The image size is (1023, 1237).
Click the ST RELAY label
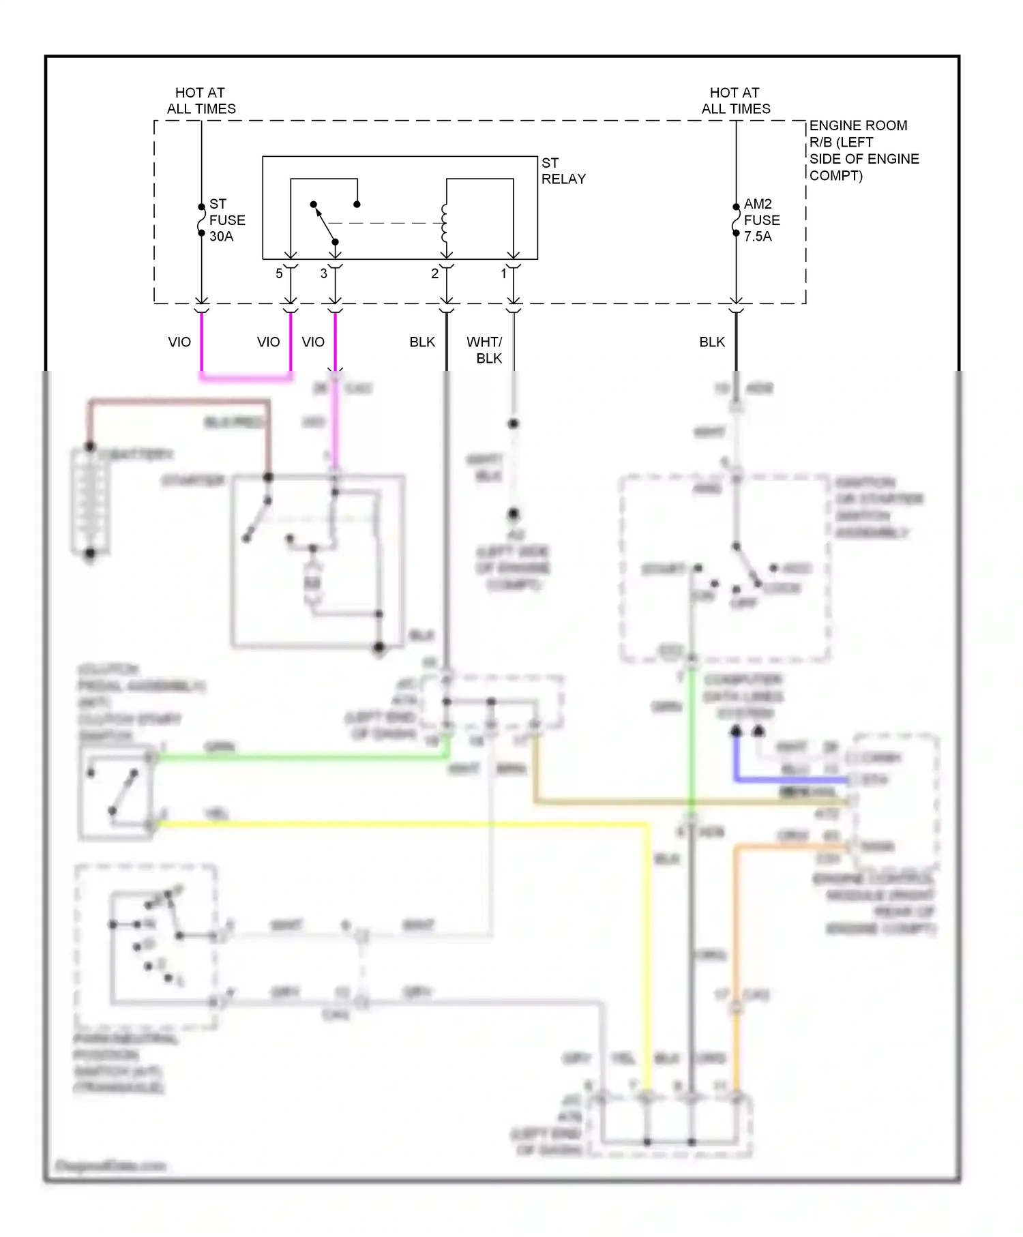point(563,171)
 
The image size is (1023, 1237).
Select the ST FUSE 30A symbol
point(202,220)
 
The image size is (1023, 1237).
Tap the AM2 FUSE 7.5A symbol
point(736,220)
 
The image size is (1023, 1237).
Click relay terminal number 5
point(279,273)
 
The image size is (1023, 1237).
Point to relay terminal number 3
point(324,273)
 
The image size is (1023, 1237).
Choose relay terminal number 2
point(434,273)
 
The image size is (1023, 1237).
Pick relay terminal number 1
point(504,273)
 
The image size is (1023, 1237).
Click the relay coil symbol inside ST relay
point(445,223)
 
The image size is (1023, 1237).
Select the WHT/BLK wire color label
point(484,350)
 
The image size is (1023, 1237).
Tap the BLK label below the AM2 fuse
point(712,342)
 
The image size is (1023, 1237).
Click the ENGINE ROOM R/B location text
point(863,150)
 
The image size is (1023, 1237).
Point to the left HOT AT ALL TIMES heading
point(201,100)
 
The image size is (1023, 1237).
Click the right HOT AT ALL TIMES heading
point(736,100)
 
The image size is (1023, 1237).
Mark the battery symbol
point(90,501)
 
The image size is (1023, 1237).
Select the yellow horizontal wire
point(409,824)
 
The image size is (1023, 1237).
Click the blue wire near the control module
point(791,779)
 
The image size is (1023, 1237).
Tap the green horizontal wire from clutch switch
point(300,756)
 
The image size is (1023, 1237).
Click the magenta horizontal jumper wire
point(246,377)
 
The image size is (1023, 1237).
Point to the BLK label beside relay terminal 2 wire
point(422,342)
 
